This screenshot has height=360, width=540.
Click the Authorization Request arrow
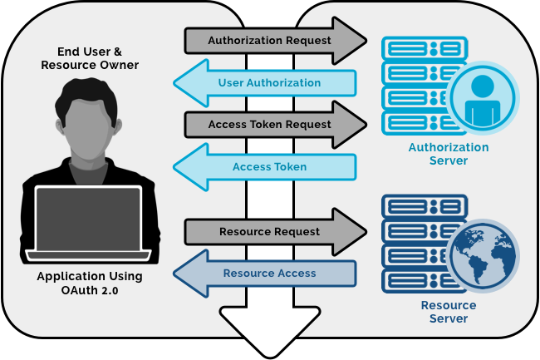270,40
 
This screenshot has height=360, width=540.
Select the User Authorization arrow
268,83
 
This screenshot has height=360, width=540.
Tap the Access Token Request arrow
270,125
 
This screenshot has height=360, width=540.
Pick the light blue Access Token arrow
268,167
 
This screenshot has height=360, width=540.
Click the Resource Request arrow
270,231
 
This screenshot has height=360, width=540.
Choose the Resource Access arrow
268,274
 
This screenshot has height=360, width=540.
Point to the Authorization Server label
449,154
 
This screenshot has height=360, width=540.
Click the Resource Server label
449,312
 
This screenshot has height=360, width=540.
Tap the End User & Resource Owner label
90,58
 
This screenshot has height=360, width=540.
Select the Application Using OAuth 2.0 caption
90,283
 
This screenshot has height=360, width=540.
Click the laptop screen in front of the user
88,218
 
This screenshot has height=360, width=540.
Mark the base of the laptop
88,254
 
